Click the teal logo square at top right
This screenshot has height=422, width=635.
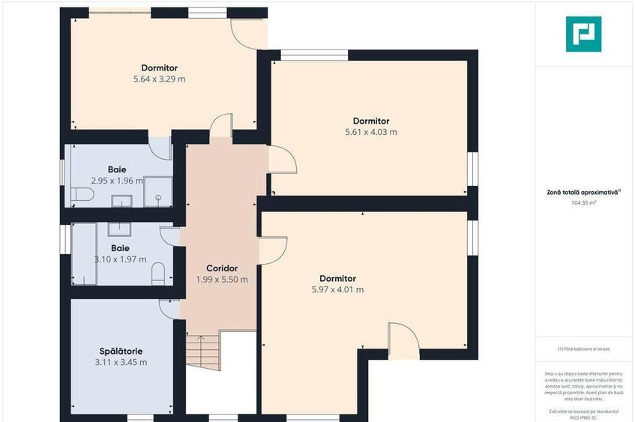coord(583,34)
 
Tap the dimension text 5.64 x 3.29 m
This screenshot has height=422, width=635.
coord(154,79)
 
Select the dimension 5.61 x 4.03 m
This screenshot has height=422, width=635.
coord(371,132)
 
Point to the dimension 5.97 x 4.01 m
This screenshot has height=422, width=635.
coord(337,289)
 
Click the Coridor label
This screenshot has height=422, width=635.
coord(222,268)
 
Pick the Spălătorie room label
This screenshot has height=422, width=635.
coord(121,351)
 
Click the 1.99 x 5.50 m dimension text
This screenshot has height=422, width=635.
coord(222,280)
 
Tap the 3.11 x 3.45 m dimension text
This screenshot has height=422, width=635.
coord(121,362)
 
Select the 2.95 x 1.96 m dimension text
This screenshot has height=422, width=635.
coord(117,181)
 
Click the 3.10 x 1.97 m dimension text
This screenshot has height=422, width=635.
coord(120,259)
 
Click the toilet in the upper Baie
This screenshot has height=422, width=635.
coord(82,196)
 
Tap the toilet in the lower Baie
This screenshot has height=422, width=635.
coord(158,276)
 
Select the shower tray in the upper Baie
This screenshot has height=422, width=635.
coord(157,191)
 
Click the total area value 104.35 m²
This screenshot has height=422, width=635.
coord(583,202)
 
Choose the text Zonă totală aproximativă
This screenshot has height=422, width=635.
coord(583,193)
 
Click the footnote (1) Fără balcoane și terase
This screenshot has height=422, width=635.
coord(583,349)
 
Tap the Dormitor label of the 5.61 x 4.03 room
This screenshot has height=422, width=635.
coord(371,121)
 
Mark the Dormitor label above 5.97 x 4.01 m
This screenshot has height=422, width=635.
coord(337,278)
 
